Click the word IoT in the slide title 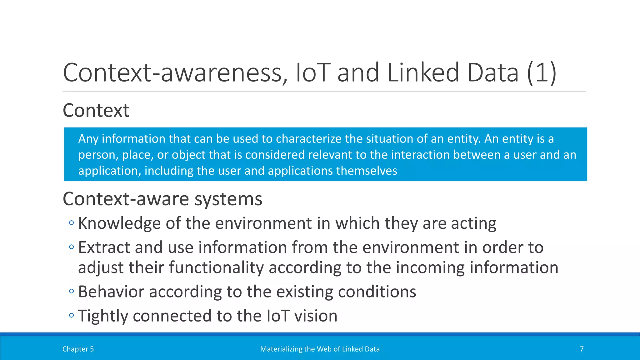click(313, 72)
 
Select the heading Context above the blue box click(96, 110)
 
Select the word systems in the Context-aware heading click(228, 199)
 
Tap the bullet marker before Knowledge click(72, 223)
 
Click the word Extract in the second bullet click(104, 247)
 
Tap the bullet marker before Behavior click(72, 291)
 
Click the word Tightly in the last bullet click(103, 316)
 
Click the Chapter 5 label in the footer click(78, 349)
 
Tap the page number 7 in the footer click(582, 349)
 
